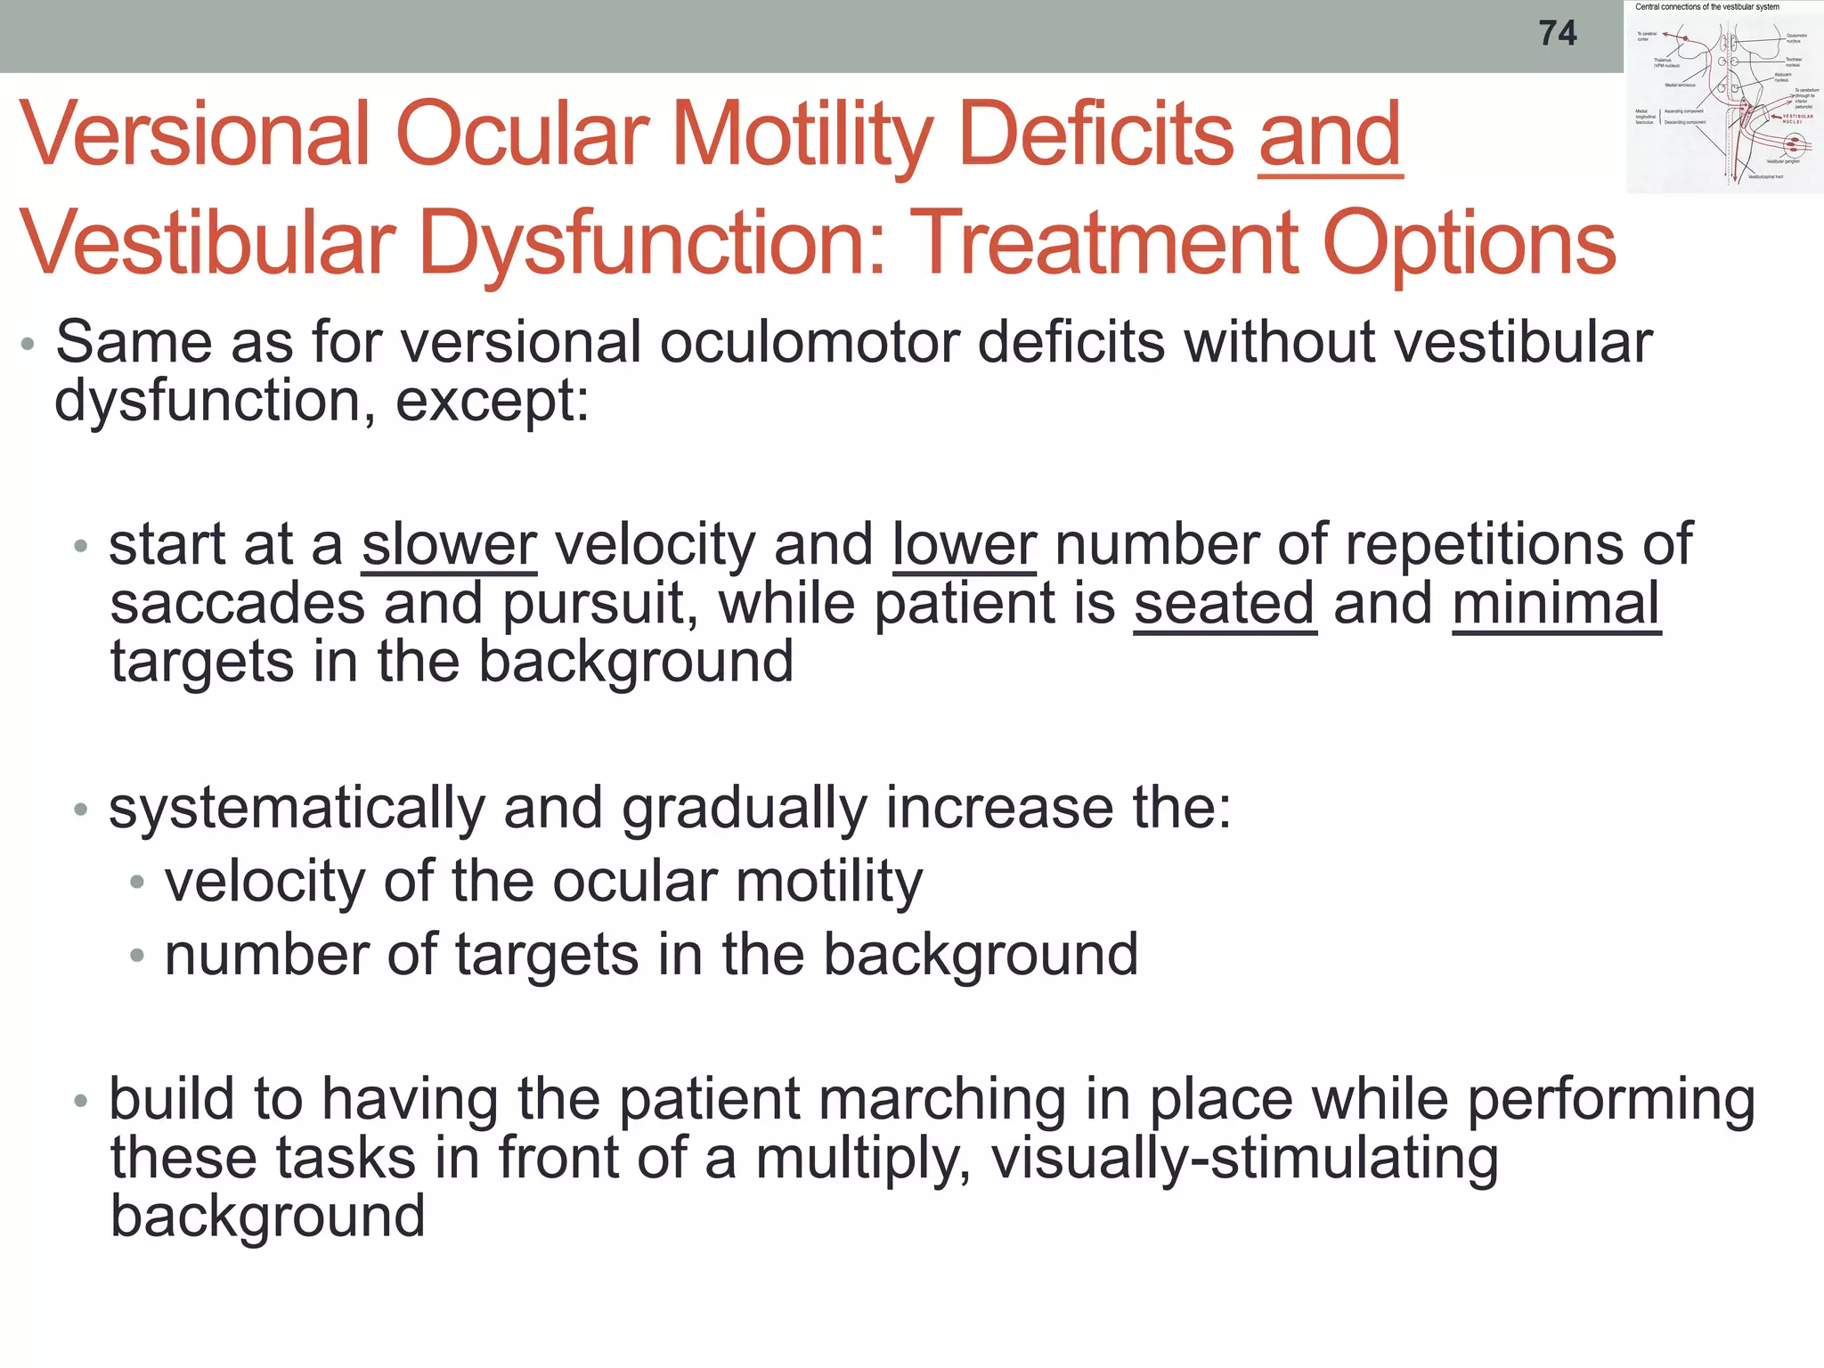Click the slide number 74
pos(1558,34)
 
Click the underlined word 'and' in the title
pos(1331,135)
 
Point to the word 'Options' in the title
pos(1470,243)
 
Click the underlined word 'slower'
pos(449,544)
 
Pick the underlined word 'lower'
pos(965,544)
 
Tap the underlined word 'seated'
pos(1225,604)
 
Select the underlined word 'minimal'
pos(1556,604)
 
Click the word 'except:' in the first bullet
pos(493,402)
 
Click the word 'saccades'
pos(238,604)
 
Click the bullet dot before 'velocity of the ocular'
pos(136,883)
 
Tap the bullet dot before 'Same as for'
pos(28,344)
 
